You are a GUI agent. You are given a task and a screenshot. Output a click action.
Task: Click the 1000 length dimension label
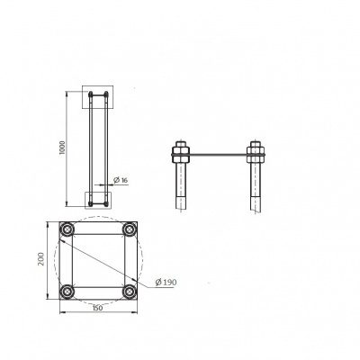pyautogui.click(x=62, y=148)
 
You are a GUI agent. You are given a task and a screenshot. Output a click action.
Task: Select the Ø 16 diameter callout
pyautogui.click(x=121, y=180)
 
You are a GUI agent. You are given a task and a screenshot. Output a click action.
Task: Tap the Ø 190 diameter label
pyautogui.click(x=166, y=282)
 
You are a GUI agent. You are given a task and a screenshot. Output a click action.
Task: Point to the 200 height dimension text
pyautogui.click(x=41, y=259)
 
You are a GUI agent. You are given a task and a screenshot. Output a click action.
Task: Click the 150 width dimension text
pyautogui.click(x=97, y=308)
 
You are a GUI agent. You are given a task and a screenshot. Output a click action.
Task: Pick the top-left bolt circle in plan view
pyautogui.click(x=67, y=229)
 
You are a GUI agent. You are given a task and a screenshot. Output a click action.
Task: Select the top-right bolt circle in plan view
pyautogui.click(x=130, y=229)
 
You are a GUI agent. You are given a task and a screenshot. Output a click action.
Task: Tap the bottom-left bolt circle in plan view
pyautogui.click(x=67, y=292)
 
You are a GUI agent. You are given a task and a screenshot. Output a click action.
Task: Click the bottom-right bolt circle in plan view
pyautogui.click(x=130, y=292)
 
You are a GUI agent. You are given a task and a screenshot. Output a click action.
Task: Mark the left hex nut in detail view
pyautogui.click(x=180, y=151)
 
